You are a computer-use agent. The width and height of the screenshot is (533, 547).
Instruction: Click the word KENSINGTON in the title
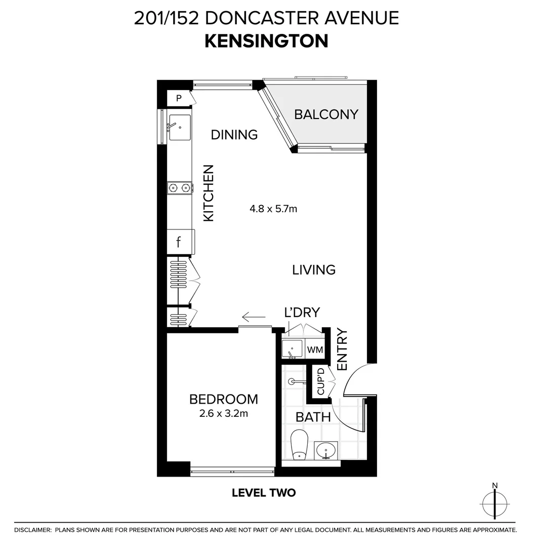pos(266,41)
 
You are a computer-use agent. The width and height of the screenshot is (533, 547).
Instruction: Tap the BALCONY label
pos(326,114)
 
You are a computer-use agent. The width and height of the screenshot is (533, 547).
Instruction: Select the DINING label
pos(234,135)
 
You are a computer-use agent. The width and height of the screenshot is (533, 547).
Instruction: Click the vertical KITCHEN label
pos(208,193)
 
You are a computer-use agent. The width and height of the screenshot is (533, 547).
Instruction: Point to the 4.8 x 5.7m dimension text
pos(273,209)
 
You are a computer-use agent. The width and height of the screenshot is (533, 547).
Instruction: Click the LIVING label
pos(314,269)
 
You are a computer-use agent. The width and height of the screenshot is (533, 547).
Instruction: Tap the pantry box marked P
pos(179,98)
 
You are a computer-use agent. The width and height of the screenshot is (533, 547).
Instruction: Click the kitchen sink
pos(180,127)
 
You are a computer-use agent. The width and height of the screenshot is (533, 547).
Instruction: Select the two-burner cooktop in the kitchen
pos(180,188)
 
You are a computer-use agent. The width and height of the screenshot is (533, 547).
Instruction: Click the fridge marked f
pos(180,242)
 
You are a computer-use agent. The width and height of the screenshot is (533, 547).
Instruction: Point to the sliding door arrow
pos(254,317)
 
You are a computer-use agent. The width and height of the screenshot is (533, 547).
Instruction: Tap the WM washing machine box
pos(315,349)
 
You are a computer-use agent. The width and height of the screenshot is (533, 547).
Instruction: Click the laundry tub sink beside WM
pos(292,349)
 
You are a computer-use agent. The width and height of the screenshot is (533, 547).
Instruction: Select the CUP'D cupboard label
pos(321,381)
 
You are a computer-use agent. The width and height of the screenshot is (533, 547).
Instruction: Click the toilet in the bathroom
pos(299,445)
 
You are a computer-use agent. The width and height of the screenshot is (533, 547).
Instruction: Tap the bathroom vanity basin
pos(326,450)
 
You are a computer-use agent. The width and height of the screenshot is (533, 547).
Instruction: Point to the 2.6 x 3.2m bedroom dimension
pos(223,414)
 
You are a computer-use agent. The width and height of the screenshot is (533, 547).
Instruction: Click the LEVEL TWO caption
pos(264,493)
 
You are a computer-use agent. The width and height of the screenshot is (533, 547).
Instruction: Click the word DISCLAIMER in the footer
pos(33,530)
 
